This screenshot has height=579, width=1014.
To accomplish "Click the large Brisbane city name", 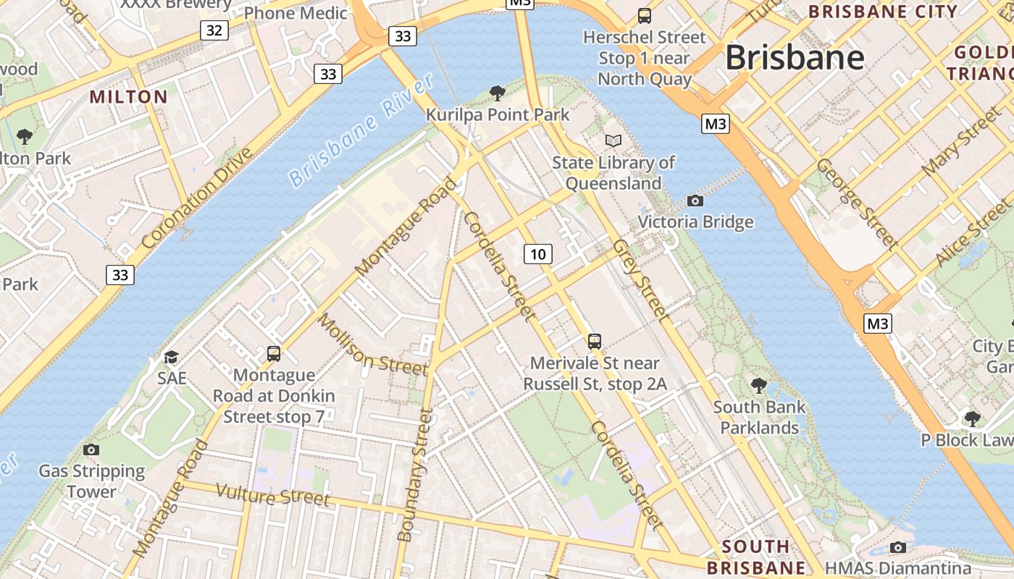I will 795,57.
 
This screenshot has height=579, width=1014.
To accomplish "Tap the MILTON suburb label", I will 128,97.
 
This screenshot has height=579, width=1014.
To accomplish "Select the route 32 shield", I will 214,30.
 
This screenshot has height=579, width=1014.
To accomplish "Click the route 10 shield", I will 537,253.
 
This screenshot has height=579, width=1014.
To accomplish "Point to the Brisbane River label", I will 360,131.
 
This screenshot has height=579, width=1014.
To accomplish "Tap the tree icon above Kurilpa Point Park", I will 497,93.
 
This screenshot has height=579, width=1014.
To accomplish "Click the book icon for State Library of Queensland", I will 613,140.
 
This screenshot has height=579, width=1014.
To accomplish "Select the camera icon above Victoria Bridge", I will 695,200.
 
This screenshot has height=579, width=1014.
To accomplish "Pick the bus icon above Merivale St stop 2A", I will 595,341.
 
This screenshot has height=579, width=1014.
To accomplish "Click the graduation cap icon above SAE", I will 171,357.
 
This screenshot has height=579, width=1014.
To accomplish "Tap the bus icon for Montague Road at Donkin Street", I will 274,353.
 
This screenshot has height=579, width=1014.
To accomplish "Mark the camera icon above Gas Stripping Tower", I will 91,449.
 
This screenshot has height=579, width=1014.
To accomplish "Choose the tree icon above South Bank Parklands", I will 758,385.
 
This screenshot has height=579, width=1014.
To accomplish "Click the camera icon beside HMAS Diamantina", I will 898,547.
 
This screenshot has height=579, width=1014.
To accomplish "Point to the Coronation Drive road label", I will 197,198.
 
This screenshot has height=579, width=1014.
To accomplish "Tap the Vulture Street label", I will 273,496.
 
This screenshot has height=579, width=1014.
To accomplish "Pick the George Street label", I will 857,203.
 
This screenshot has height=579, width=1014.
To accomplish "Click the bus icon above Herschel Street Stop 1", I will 644,15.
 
